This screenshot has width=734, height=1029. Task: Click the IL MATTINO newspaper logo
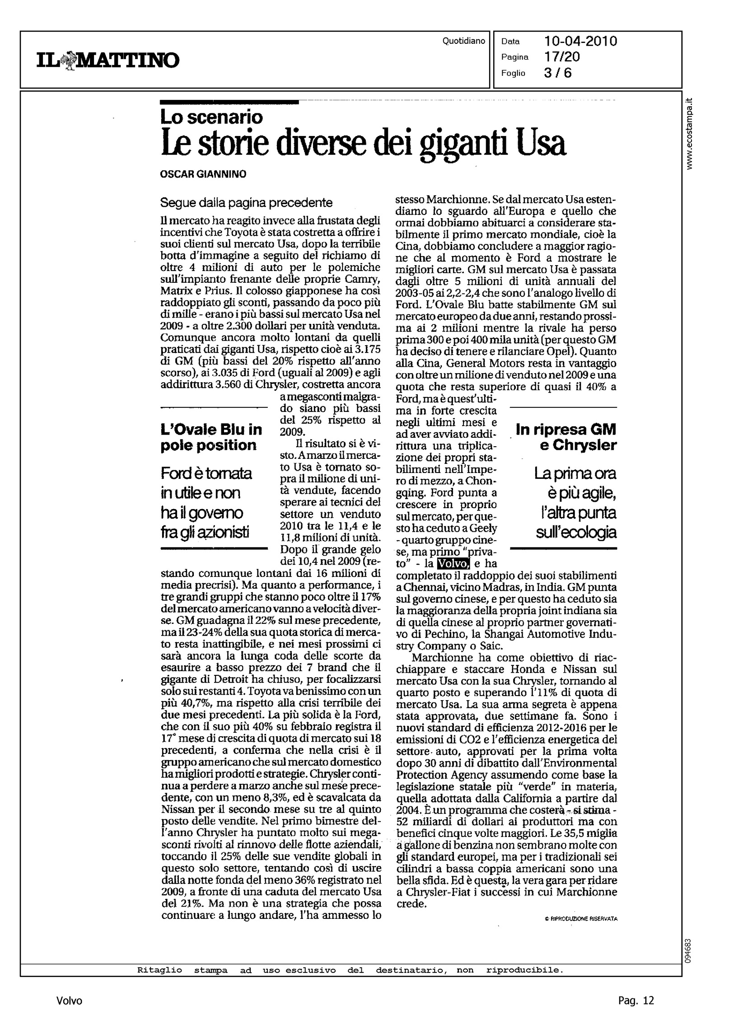(108, 60)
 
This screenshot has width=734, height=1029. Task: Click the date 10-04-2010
(581, 42)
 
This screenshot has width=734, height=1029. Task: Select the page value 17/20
(562, 57)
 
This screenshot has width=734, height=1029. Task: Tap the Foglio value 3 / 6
(558, 73)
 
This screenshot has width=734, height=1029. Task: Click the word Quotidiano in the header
(464, 41)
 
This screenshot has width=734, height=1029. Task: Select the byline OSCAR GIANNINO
(203, 174)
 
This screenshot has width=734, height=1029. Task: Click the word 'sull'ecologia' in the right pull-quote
(576, 533)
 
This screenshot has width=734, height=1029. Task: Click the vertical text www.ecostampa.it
(689, 134)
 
